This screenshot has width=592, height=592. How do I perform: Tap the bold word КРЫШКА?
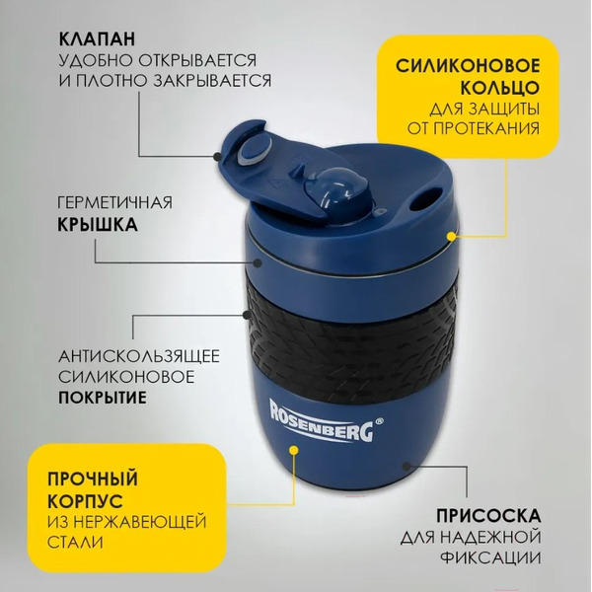tap(97, 224)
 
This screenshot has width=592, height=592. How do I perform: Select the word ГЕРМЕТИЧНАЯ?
tap(114, 202)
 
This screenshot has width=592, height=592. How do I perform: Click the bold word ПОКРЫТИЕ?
tap(102, 399)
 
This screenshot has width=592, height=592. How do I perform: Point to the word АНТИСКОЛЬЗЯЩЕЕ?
tap(138, 355)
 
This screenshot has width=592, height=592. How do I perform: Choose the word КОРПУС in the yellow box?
tap(82, 499)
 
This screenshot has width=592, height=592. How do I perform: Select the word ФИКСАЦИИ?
tap(495, 557)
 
